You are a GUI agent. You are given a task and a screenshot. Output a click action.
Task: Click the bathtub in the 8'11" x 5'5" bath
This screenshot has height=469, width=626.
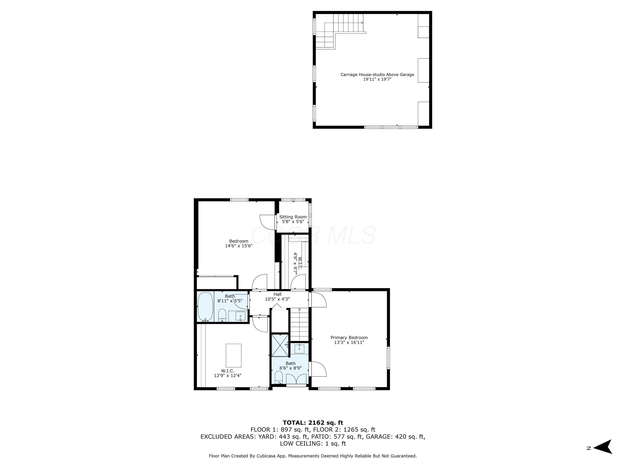(x=205, y=306)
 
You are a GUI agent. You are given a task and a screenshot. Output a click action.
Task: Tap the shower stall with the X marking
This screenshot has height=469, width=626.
(x=280, y=345)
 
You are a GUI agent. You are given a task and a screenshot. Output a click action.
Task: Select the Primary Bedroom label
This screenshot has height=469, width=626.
(x=349, y=337)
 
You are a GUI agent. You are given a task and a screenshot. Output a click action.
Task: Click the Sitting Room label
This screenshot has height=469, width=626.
(x=293, y=217)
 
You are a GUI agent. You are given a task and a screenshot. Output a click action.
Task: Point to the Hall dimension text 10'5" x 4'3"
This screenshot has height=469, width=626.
(x=277, y=299)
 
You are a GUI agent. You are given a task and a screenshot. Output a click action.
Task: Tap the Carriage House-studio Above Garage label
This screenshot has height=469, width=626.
(x=377, y=75)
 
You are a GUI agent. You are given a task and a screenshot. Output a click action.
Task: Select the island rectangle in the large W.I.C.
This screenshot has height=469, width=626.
(x=233, y=355)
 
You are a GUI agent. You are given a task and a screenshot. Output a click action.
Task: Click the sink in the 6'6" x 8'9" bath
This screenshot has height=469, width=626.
(x=299, y=348)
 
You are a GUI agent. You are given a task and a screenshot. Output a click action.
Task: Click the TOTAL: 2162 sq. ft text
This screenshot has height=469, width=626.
(x=313, y=423)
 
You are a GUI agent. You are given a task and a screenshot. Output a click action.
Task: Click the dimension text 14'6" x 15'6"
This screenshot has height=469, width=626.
(x=239, y=246)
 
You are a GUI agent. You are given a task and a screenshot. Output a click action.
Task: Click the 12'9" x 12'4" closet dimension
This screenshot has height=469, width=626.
(x=227, y=375)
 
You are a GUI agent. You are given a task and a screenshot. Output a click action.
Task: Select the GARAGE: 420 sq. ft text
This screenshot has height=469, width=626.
(x=395, y=436)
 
